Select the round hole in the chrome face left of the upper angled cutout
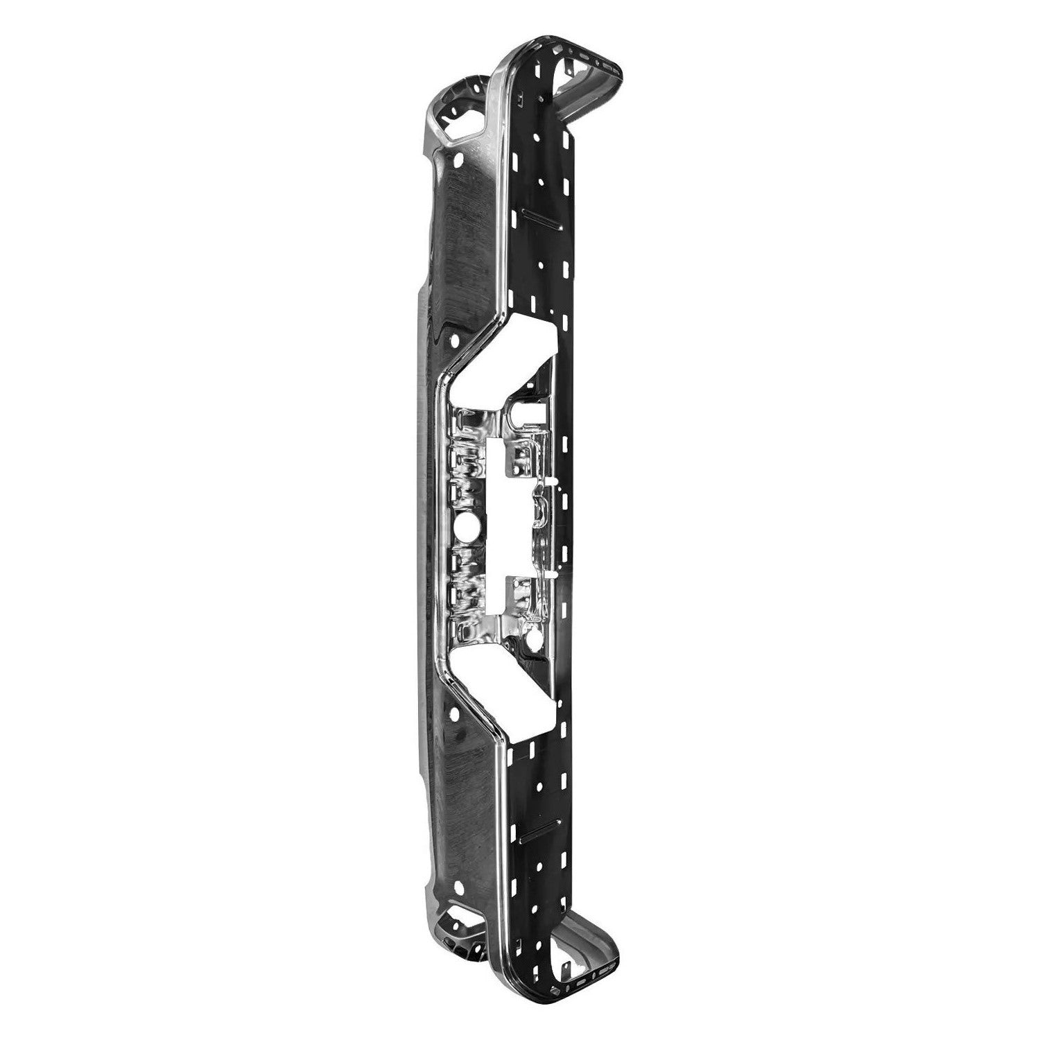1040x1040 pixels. coord(454,342)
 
